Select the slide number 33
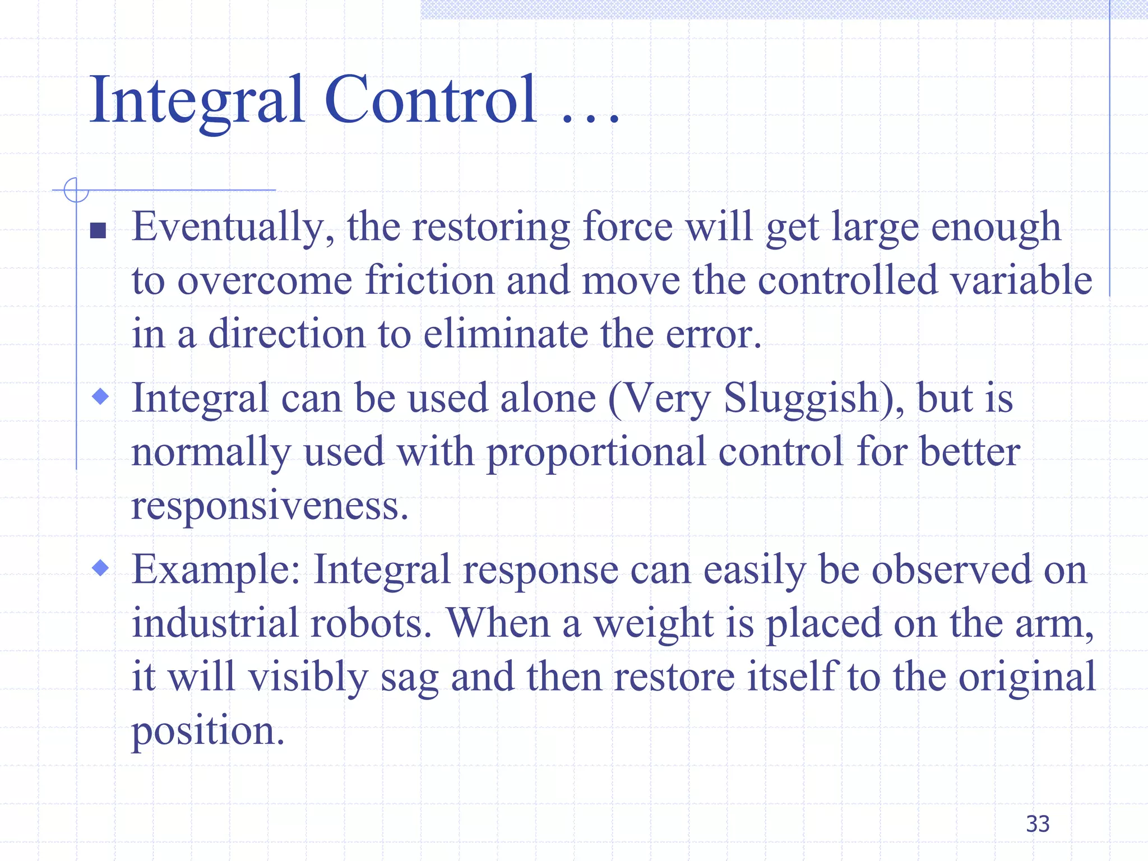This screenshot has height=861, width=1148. [x=1038, y=824]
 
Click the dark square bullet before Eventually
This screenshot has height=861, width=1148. [x=98, y=230]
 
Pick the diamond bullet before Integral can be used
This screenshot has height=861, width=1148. [x=100, y=397]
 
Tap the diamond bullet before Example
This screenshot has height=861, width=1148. [x=100, y=568]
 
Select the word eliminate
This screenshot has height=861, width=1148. [x=505, y=334]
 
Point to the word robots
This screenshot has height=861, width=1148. [x=371, y=623]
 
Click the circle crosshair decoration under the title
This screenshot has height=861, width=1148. [x=76, y=190]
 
